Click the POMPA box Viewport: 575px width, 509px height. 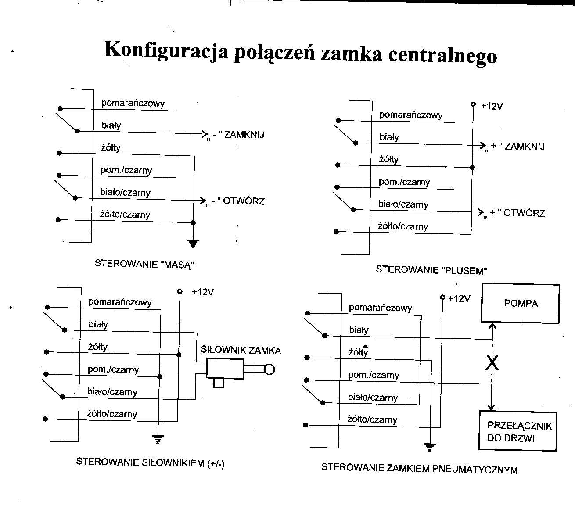tap(521, 303)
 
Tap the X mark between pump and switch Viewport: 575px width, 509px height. tap(492, 363)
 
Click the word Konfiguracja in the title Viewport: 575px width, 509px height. tap(166, 50)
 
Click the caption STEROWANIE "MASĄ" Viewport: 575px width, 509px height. tap(144, 264)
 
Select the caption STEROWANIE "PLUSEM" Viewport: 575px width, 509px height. tap(431, 270)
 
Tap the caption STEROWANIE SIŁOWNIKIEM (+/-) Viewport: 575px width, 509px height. tap(150, 462)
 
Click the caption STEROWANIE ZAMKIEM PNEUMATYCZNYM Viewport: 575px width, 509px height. tap(419, 468)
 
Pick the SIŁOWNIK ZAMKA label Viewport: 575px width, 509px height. tap(241, 350)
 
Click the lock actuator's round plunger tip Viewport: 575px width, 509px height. tap(269, 369)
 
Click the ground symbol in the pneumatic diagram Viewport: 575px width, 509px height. tap(430, 447)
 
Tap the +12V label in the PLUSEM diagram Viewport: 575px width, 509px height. tap(492, 106)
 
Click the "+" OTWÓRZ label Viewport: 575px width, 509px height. tap(514, 213)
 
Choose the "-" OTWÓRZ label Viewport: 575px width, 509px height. tap(236, 202)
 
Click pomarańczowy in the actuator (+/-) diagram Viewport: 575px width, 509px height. tap(120, 302)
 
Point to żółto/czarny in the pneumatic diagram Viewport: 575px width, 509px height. tap(372, 419)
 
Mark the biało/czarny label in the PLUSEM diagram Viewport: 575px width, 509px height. tap(403, 204)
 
